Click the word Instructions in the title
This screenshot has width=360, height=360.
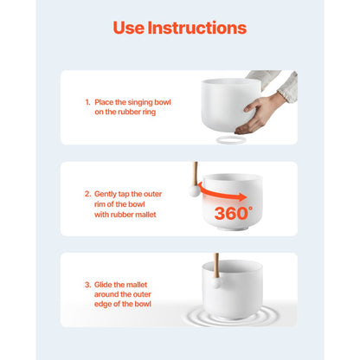tap(197, 28)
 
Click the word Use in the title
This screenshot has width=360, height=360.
tap(129, 28)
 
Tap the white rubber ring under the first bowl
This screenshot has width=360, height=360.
tap(231, 140)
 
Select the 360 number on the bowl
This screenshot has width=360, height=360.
tap(231, 214)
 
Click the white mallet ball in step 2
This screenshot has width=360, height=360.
tap(194, 191)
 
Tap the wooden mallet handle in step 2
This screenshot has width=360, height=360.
tap(196, 174)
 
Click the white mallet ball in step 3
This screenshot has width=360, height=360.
tap(215, 282)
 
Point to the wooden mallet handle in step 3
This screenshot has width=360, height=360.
tap(216, 266)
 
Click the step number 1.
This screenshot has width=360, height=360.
tap(87, 102)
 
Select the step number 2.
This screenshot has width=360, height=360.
tap(87, 194)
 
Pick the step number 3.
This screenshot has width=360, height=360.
tap(87, 285)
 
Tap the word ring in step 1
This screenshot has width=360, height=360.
tap(149, 112)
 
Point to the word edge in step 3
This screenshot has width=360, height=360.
tap(102, 305)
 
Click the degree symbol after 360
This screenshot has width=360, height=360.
tap(250, 208)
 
